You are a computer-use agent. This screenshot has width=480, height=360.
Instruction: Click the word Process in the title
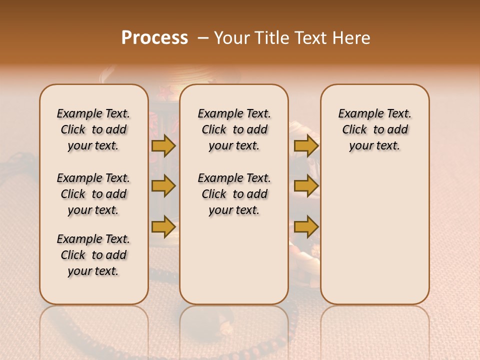point(154,38)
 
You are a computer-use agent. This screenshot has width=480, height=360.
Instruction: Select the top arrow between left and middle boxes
point(163,146)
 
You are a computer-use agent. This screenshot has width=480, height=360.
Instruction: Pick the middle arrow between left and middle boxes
point(163,186)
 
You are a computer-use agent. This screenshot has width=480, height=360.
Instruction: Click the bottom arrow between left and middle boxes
point(163,227)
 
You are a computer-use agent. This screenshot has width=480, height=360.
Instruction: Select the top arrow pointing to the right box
point(306,146)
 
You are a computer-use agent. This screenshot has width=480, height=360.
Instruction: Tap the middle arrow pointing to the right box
point(306,186)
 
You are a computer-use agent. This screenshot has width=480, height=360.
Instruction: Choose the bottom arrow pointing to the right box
point(306,227)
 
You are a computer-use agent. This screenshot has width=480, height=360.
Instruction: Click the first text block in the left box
point(93,129)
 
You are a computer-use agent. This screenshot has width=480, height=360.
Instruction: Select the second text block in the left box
point(93,194)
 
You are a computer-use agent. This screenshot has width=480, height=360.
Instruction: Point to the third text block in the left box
point(93,255)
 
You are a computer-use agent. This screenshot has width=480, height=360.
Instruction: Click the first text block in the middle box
point(234,129)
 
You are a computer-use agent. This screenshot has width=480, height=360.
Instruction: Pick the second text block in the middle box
point(234,194)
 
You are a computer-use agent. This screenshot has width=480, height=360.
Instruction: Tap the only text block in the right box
point(375,129)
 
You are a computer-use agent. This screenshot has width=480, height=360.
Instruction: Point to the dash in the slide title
point(203,38)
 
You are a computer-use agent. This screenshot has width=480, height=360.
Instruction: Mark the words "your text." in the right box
point(375,146)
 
